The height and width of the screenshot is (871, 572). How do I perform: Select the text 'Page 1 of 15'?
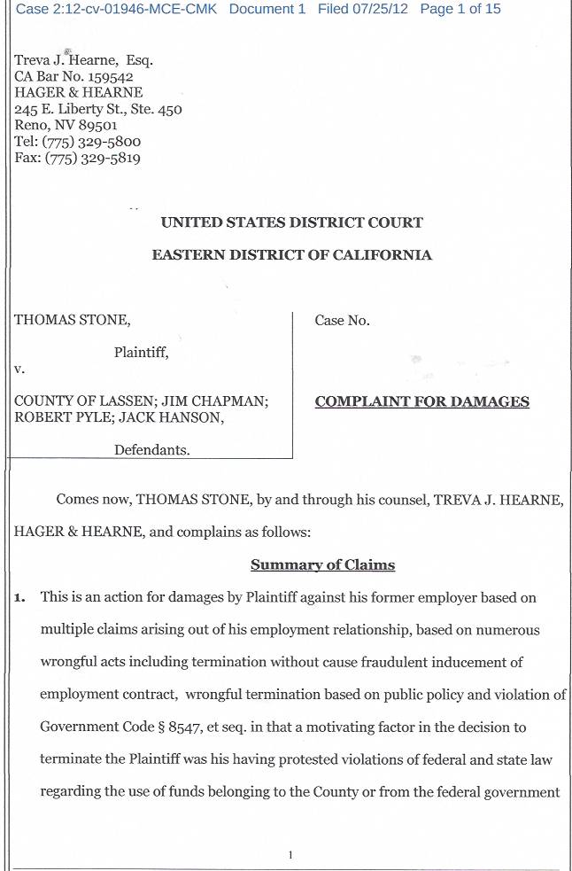(460, 9)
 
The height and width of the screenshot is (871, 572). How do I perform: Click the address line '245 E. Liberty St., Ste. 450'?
(98, 110)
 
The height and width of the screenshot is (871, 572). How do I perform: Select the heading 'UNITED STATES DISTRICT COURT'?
(292, 222)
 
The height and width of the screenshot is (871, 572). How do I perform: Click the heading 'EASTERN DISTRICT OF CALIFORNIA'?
(292, 255)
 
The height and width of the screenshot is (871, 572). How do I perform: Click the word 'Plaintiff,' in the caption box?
(141, 353)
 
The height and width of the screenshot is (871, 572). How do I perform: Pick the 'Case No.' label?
(342, 321)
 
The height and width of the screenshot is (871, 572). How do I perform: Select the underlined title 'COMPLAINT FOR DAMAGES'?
(422, 401)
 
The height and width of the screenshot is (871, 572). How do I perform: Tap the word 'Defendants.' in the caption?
(151, 450)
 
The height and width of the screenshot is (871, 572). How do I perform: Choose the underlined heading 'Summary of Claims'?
(322, 565)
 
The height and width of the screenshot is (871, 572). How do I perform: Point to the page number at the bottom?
(290, 855)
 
